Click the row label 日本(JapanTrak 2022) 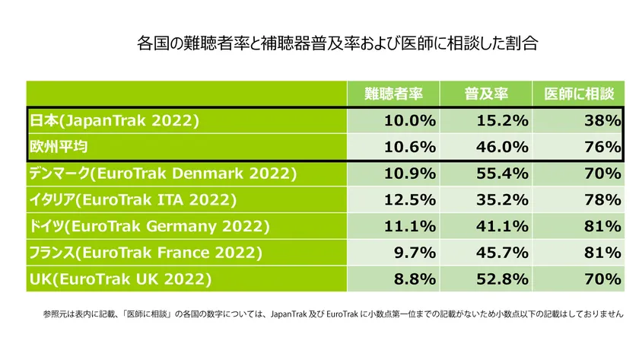114,120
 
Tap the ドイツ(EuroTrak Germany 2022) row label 149,226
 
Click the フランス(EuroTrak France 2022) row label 145,253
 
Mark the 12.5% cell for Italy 410,200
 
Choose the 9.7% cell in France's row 415,253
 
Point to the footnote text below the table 333,314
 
